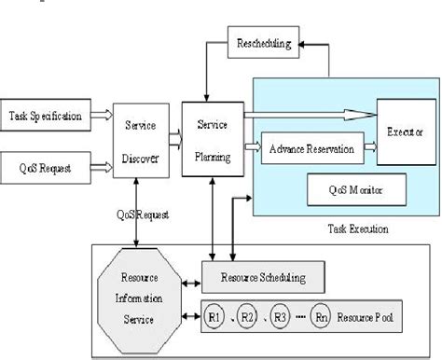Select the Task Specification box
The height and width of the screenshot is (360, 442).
click(46, 117)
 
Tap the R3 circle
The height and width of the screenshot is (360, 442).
click(280, 316)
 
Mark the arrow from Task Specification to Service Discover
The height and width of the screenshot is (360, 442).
click(104, 118)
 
